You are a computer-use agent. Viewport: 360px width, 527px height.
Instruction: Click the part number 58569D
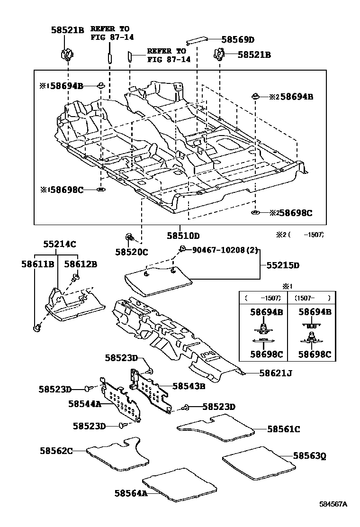tap(238, 40)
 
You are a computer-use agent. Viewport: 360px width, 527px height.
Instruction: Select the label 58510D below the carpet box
tap(183, 236)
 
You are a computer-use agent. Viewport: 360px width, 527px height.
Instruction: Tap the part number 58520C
tap(131, 252)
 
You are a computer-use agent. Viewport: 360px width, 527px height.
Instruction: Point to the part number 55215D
tap(283, 265)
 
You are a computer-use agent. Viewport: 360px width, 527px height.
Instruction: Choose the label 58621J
tap(275, 373)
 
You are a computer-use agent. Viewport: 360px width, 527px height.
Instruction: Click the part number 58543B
tap(189, 386)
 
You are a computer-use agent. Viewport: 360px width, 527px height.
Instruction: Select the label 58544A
tap(85, 404)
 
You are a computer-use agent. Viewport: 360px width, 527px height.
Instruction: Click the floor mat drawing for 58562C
tap(118, 454)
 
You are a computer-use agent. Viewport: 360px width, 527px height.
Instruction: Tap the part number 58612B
tap(81, 264)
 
